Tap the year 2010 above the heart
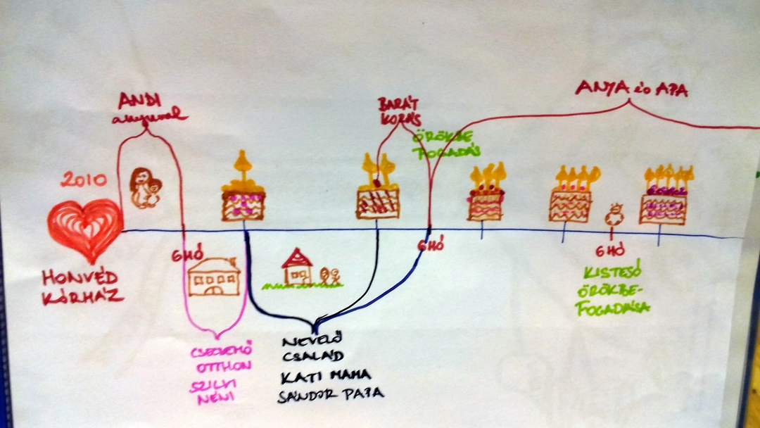84,181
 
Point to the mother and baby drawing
146,188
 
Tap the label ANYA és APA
631,88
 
